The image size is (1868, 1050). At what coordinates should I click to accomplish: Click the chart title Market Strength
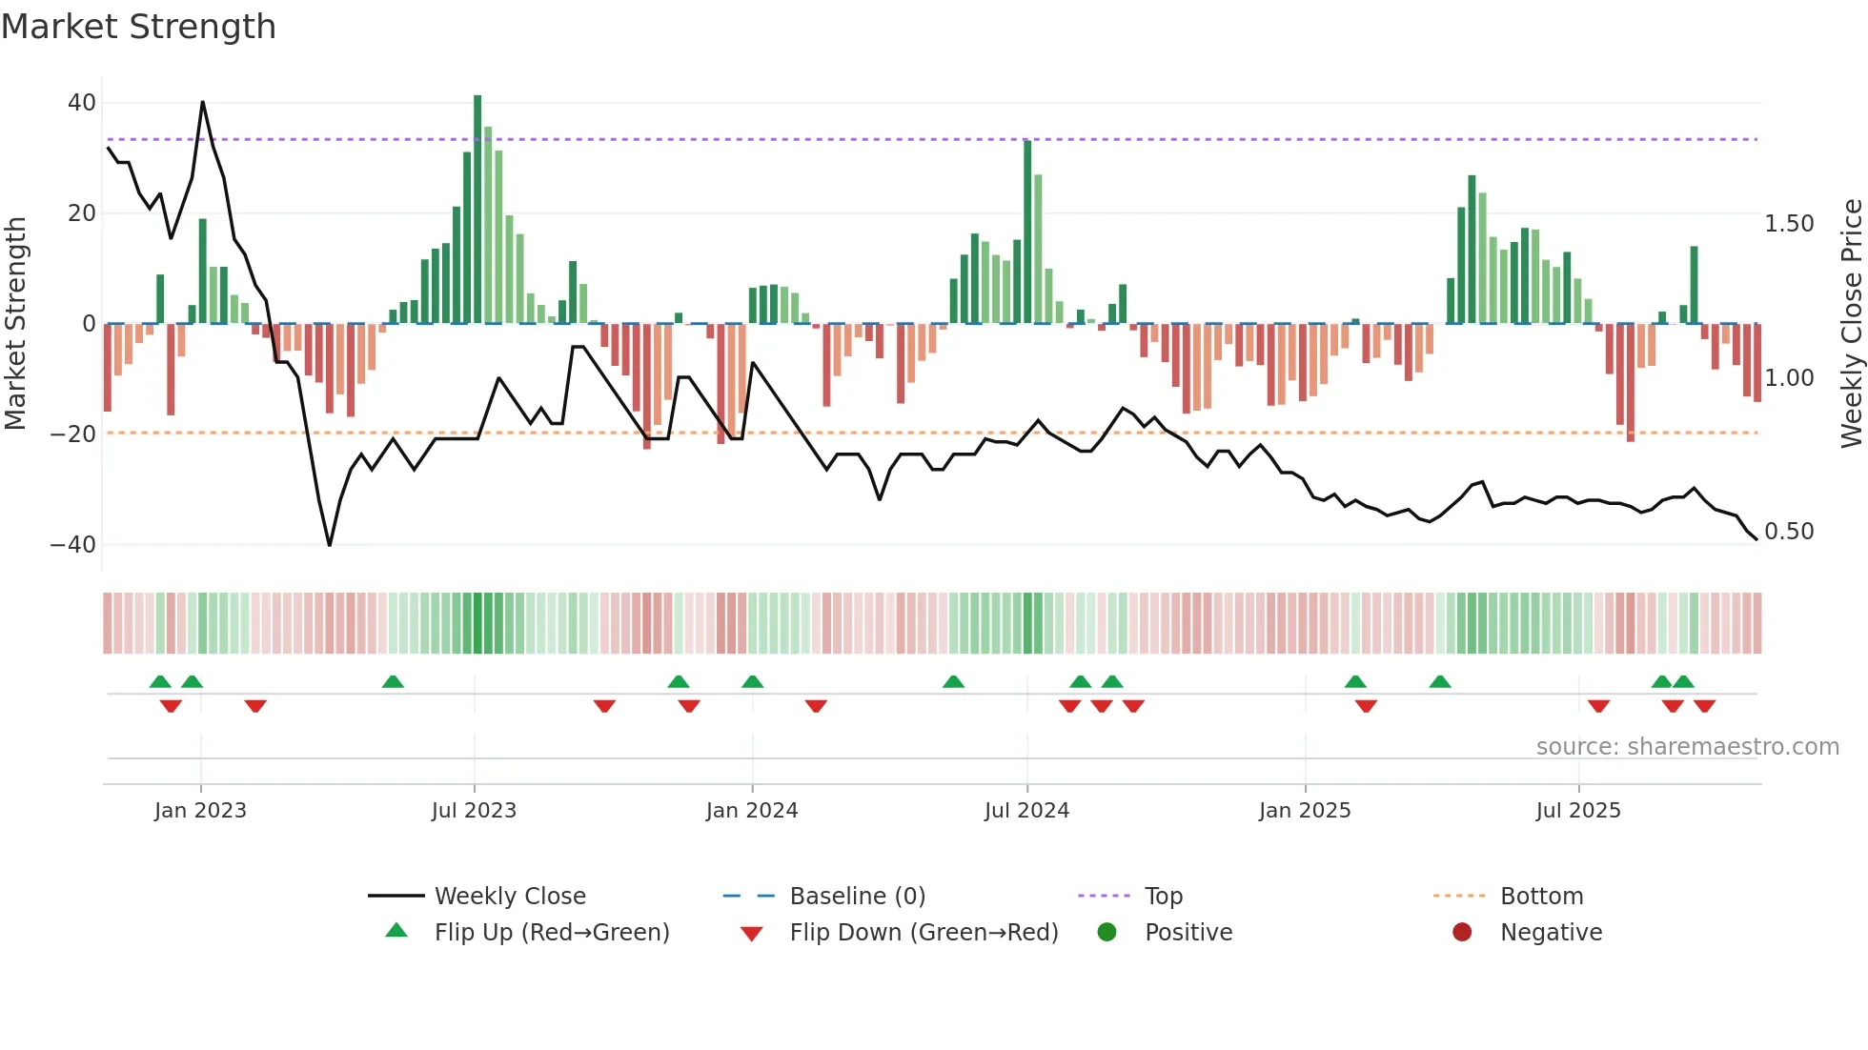click(138, 27)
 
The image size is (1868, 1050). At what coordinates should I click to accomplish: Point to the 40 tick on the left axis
click(82, 103)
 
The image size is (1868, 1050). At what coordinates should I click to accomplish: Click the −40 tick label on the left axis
click(73, 545)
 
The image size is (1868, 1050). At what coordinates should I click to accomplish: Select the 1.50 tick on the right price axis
click(1789, 224)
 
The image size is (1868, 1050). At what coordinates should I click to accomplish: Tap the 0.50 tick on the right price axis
click(1789, 532)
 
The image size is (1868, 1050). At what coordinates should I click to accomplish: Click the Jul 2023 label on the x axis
click(474, 811)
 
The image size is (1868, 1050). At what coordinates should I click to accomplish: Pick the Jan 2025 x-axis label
click(1304, 811)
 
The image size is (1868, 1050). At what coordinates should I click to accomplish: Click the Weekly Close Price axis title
click(1851, 324)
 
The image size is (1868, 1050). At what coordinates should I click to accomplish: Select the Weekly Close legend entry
click(510, 897)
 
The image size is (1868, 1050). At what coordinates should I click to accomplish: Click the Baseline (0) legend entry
click(857, 897)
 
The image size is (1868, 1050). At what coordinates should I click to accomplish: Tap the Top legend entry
click(1163, 897)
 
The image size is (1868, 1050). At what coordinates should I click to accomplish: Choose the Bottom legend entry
click(1541, 897)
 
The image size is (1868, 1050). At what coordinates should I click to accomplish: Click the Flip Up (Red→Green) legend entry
click(552, 933)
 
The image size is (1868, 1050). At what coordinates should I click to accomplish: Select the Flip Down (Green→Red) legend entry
click(924, 933)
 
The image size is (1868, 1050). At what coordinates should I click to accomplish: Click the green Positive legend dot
click(1107, 933)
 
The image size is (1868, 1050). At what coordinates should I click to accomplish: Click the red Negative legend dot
click(1462, 933)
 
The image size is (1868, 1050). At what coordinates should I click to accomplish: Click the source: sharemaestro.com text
click(1687, 747)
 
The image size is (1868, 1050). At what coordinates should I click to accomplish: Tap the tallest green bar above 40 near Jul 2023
click(477, 210)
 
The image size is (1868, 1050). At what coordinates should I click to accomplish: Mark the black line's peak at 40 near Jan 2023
click(202, 103)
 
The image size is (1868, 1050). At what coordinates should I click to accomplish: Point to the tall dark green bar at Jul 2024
click(1027, 233)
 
